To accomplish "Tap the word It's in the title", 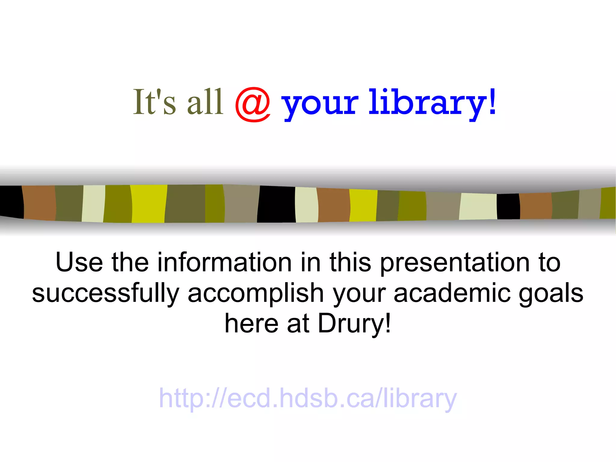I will point(154,102).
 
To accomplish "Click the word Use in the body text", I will point(79,262).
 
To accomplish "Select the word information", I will point(224,262).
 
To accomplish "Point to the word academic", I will point(452,293).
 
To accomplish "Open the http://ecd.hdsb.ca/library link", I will point(308,399).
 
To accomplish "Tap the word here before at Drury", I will point(251,324).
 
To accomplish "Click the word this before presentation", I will point(350,262).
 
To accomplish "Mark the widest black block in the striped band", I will point(276,204).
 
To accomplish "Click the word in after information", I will point(311,262).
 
